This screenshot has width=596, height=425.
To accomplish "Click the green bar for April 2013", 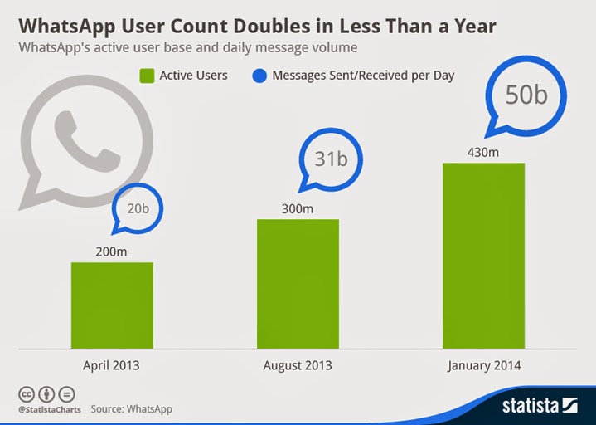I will click(x=112, y=305).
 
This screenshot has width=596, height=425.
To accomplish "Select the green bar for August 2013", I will click(x=298, y=283).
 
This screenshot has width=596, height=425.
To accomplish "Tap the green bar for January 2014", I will click(x=483, y=255).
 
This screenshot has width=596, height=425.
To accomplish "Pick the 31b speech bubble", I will click(x=330, y=157).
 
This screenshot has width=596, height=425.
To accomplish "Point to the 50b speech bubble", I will click(x=526, y=95).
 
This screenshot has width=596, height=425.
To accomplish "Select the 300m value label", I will click(x=297, y=209).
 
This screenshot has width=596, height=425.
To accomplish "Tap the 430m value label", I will click(x=483, y=152).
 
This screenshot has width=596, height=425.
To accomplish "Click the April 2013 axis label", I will click(x=112, y=365).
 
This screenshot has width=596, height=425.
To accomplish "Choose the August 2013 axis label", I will click(x=298, y=365).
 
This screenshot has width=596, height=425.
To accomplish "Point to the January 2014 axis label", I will click(x=483, y=365).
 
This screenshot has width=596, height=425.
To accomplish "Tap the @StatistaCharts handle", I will click(x=45, y=409).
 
